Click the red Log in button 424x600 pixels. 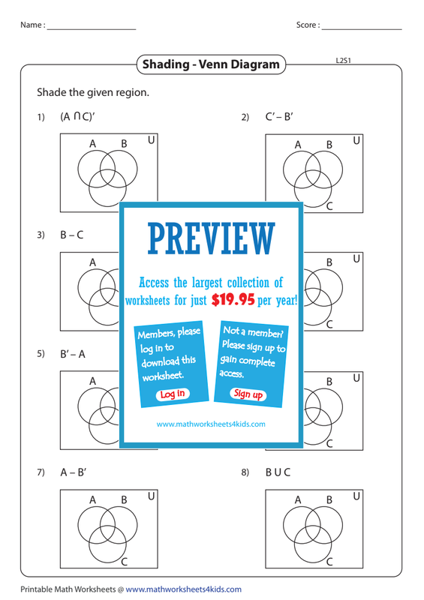coord(173,394)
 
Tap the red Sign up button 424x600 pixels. coord(248,394)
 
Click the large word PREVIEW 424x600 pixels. coord(212,238)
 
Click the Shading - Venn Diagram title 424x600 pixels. coord(211,64)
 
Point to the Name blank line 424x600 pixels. coord(92,29)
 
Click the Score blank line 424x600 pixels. coord(362,29)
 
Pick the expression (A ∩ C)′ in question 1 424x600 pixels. coord(77,116)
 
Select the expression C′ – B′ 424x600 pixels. coord(279,116)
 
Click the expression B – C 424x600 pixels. coord(71,235)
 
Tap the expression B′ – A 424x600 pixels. coord(73,354)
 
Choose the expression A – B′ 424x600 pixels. coord(73,472)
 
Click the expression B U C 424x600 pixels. coord(278,472)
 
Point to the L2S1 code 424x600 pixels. coord(343,61)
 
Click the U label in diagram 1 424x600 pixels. coord(152,140)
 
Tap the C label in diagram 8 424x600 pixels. coord(329,562)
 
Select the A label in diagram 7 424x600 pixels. coord(93,499)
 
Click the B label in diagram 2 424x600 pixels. coord(329,145)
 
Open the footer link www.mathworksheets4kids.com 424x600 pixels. coord(183,589)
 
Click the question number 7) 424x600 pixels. coord(41,472)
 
